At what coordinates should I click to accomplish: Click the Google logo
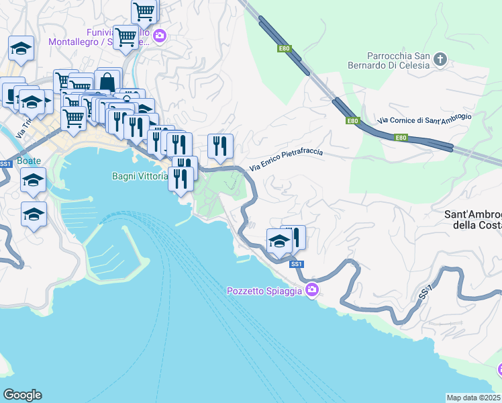(x=22, y=395)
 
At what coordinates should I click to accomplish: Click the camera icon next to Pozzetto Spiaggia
(x=311, y=290)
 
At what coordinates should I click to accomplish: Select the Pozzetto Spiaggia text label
(x=264, y=291)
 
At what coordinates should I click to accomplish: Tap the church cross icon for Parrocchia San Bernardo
(x=440, y=60)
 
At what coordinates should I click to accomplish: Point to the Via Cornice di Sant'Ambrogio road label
(x=424, y=119)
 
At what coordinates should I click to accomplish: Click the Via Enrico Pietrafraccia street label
(x=286, y=160)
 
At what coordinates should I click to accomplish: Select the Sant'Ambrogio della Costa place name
(x=473, y=220)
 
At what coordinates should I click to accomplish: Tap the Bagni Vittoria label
(x=139, y=177)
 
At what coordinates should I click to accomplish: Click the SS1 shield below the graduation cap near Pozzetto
(x=297, y=264)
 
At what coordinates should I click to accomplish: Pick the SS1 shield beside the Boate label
(x=5, y=163)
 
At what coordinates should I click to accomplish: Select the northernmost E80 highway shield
(x=284, y=48)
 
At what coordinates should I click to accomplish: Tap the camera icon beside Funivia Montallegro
(x=159, y=36)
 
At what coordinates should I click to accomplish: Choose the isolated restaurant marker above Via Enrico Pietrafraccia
(x=220, y=146)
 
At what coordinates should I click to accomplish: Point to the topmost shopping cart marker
(x=144, y=11)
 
